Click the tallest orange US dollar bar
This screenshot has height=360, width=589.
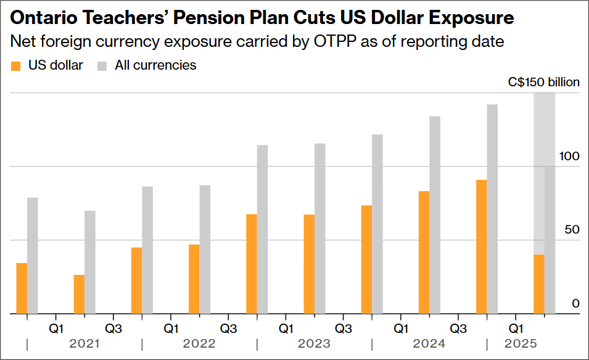482,247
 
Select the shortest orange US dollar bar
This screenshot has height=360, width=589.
79,294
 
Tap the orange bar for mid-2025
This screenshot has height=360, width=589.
539,284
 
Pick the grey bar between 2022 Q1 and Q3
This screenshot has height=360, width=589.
205,249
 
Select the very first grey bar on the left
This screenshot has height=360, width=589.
33,255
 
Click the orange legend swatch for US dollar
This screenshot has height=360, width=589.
17,65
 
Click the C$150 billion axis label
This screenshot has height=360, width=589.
543,82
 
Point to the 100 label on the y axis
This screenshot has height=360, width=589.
569,157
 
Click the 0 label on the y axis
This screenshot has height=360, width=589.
575,303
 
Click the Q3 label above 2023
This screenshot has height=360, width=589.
344,327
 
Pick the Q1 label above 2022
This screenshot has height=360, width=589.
171,327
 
